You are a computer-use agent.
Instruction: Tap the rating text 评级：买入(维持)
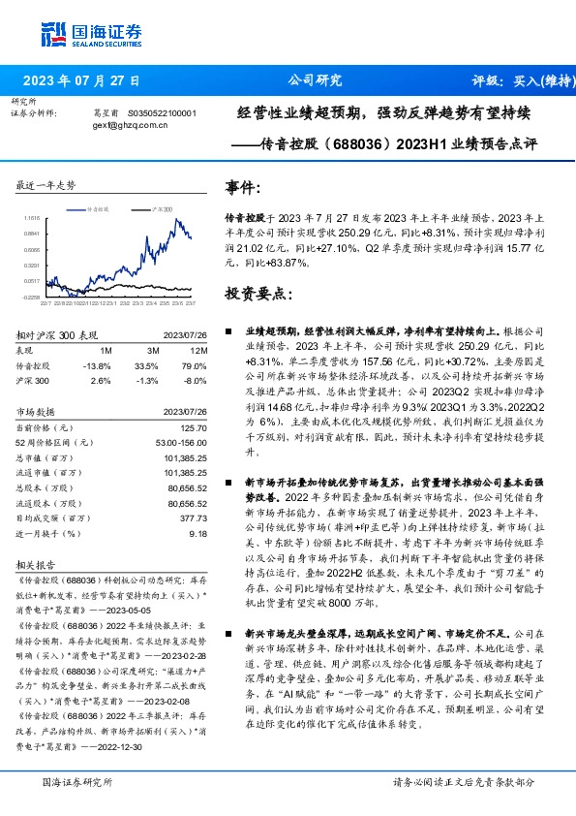click(517, 80)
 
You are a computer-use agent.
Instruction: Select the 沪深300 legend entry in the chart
click(161, 208)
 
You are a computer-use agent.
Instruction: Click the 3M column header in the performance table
click(153, 349)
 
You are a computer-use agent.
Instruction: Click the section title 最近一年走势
click(46, 184)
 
